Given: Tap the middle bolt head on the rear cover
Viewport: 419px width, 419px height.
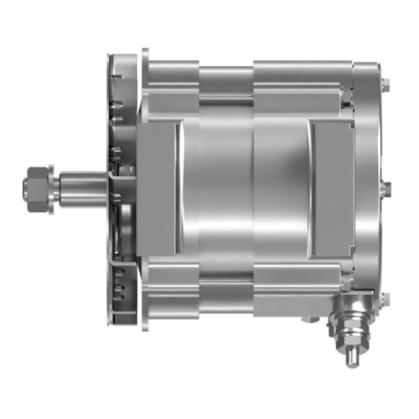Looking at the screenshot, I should (x=385, y=189).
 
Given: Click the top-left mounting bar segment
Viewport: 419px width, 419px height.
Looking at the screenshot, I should (x=172, y=75).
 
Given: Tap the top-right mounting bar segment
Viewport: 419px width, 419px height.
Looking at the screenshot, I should (x=302, y=75).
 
